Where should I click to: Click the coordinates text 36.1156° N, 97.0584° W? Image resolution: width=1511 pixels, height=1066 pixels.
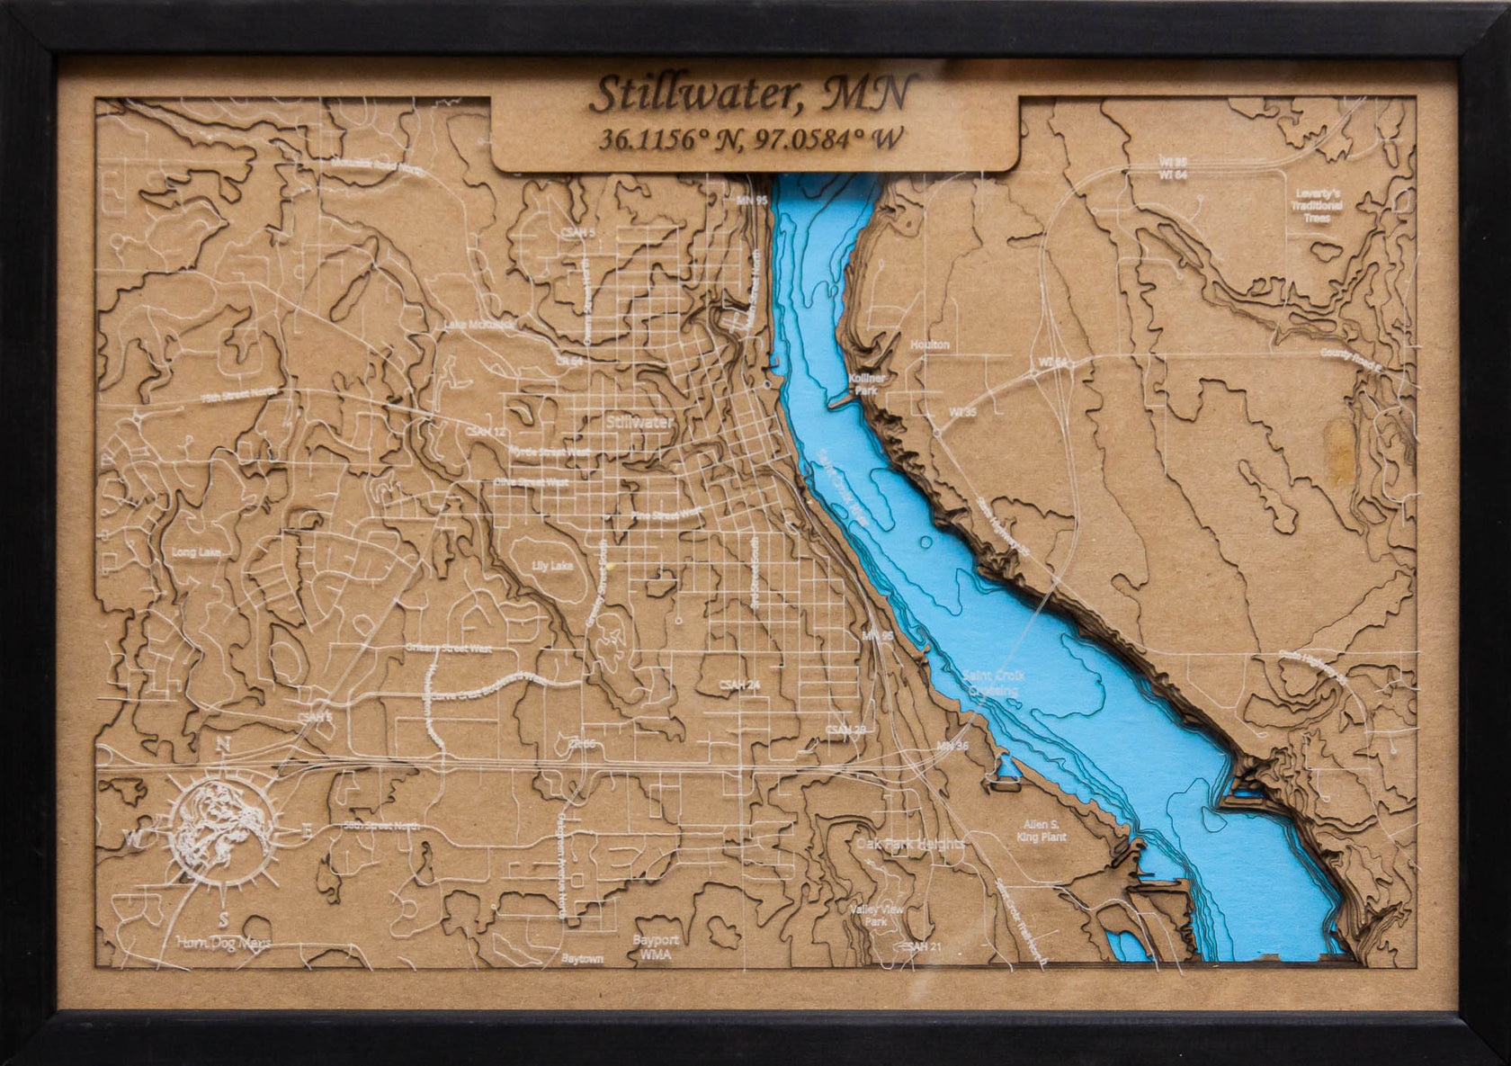[x=751, y=140]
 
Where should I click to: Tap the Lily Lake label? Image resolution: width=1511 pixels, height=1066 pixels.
[x=552, y=566]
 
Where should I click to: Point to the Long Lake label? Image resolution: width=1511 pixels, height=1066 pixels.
[x=196, y=551]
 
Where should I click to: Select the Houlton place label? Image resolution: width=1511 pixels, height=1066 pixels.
[x=929, y=345]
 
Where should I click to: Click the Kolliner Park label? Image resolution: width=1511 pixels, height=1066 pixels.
[x=867, y=385]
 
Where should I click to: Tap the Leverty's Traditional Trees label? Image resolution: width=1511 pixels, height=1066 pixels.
[x=1318, y=205]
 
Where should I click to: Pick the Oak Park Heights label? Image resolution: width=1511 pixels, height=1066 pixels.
[x=909, y=844]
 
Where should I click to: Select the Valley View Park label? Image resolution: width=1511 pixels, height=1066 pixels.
[x=877, y=916]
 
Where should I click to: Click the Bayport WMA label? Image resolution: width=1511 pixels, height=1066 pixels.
[x=655, y=946]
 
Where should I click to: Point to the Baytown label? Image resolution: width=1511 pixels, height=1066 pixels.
[x=582, y=958]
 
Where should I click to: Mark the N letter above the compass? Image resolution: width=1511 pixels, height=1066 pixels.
[x=224, y=744]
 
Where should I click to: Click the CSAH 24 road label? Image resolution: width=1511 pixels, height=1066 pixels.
[x=739, y=685]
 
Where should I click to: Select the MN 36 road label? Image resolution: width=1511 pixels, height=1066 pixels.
[x=951, y=746]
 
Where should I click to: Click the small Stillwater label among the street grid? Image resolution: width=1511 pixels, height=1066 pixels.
[x=639, y=421]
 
